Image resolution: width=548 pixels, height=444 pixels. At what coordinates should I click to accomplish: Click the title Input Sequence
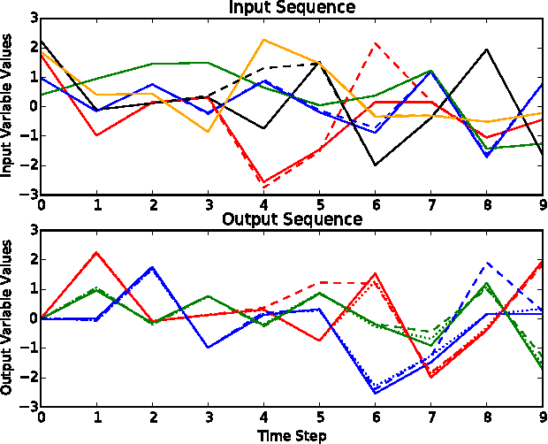pos(292,8)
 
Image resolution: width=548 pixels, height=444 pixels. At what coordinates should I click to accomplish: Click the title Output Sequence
pos(292,219)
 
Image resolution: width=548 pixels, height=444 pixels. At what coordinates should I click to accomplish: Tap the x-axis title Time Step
pos(292,435)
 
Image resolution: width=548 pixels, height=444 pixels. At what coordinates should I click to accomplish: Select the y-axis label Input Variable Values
pos(8,106)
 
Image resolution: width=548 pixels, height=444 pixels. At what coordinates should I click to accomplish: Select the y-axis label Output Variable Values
pos(8,318)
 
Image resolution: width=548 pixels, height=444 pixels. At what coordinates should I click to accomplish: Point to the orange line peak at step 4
pos(263,40)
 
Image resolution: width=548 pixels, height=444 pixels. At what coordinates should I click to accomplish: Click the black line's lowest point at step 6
pos(375,165)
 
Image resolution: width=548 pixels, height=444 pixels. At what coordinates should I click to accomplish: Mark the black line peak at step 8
pos(486,50)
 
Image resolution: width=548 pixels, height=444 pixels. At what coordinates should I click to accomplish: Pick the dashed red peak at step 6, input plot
pos(375,42)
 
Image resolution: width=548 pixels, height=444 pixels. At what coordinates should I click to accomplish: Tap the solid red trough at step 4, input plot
pos(263,182)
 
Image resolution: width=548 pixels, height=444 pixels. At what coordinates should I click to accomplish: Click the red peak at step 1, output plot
pos(96,252)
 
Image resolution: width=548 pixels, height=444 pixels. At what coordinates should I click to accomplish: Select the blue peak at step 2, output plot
pos(152,267)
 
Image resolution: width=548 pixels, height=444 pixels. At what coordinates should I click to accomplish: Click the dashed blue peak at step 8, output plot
pos(486,263)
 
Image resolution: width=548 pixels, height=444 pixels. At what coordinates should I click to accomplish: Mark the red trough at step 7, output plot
pos(430,378)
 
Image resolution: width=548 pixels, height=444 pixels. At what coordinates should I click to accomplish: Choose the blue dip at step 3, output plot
pos(208,347)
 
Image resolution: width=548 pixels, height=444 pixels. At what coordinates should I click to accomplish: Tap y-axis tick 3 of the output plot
pos(32,230)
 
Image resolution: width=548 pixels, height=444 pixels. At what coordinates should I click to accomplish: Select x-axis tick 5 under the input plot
pos(319,204)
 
